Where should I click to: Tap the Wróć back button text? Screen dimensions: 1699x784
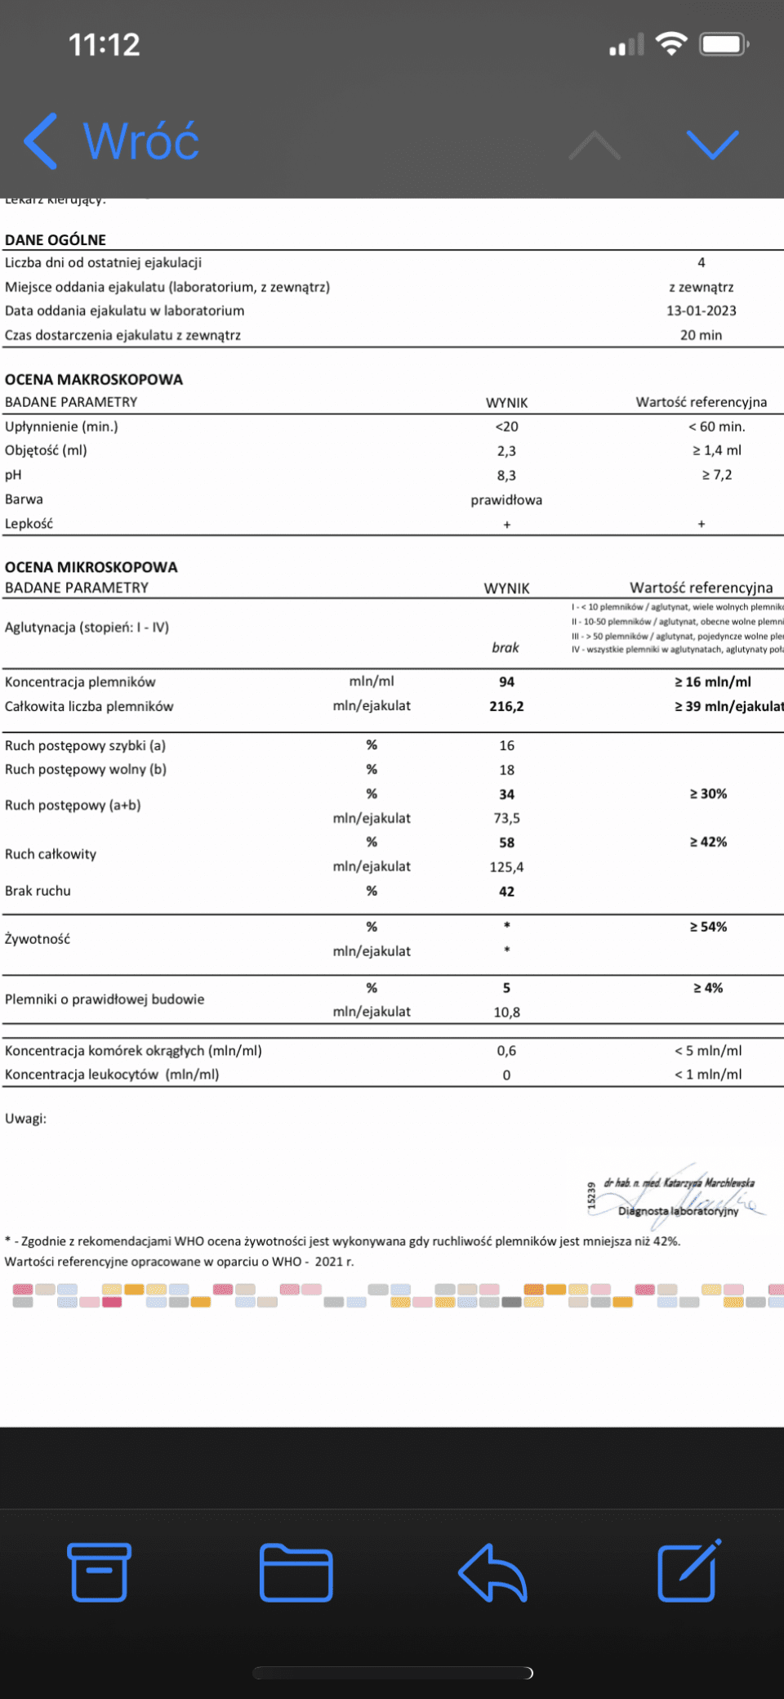[140, 141]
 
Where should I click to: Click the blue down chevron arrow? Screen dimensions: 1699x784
[712, 145]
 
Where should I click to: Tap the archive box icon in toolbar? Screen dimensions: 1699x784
[99, 1572]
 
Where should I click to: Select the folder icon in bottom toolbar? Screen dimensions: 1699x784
[296, 1572]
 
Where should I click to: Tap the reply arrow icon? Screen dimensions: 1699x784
[492, 1572]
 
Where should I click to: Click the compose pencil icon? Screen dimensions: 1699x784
[688, 1571]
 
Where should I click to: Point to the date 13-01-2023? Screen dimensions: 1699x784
[701, 311]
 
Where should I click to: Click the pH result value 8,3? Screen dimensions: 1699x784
[506, 475]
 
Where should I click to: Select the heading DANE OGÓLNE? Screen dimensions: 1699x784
[56, 239]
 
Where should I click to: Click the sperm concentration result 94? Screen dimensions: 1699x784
[506, 682]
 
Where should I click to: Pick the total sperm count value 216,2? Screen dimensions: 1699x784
[506, 706]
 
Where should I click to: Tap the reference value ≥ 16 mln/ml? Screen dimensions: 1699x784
[712, 682]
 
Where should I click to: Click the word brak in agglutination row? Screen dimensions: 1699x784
[505, 647]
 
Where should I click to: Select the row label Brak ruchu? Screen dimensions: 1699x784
[38, 891]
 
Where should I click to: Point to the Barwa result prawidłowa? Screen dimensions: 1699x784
[506, 499]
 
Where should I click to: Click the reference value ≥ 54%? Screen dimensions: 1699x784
[707, 927]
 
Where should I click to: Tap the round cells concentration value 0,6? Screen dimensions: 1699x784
[506, 1050]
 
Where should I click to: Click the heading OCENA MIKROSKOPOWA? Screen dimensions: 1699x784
[91, 567]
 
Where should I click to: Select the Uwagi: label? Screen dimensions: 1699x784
[25, 1118]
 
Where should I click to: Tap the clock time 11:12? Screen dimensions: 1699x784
[104, 45]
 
